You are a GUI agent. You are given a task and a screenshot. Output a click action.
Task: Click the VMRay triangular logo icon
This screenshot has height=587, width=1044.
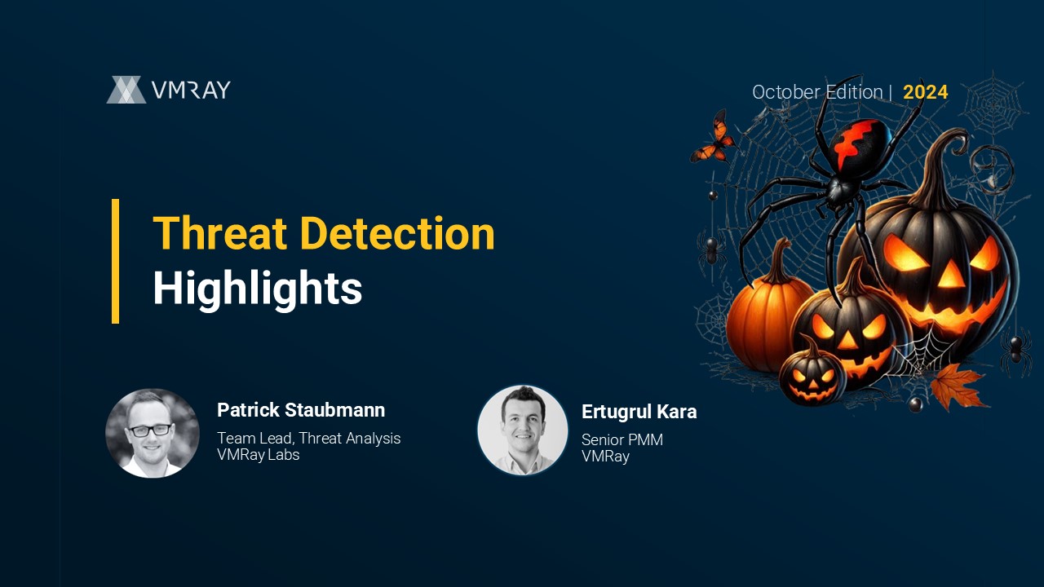click(x=126, y=90)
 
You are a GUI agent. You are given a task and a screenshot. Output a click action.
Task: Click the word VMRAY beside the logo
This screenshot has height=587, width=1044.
click(x=191, y=90)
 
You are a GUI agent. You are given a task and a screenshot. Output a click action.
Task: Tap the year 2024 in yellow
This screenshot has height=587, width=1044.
click(x=925, y=92)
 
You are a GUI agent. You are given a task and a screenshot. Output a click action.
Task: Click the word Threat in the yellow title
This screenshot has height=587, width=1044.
click(x=219, y=233)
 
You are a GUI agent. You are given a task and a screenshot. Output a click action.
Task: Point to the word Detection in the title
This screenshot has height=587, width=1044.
click(x=397, y=233)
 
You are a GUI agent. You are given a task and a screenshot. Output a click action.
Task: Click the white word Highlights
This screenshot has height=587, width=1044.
click(x=258, y=289)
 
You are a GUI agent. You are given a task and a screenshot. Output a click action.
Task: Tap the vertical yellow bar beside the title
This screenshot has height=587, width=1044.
click(x=115, y=261)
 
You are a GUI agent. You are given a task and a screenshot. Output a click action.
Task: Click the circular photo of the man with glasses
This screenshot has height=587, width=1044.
click(x=153, y=433)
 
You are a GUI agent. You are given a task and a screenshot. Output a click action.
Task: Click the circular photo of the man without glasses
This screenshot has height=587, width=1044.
click(x=523, y=430)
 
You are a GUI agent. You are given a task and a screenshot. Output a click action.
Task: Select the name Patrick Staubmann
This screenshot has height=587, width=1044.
click(x=301, y=410)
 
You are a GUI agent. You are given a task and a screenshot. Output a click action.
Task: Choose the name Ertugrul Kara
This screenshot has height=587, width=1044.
click(x=639, y=412)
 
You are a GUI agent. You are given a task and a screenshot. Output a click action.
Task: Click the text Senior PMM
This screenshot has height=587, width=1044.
click(x=622, y=439)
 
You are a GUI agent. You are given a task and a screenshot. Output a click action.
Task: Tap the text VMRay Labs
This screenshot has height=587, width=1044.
click(x=259, y=454)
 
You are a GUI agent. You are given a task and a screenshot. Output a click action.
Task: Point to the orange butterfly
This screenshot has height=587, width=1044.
click(x=713, y=138)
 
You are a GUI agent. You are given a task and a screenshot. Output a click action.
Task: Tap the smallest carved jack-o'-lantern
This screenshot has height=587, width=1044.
click(x=812, y=373)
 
